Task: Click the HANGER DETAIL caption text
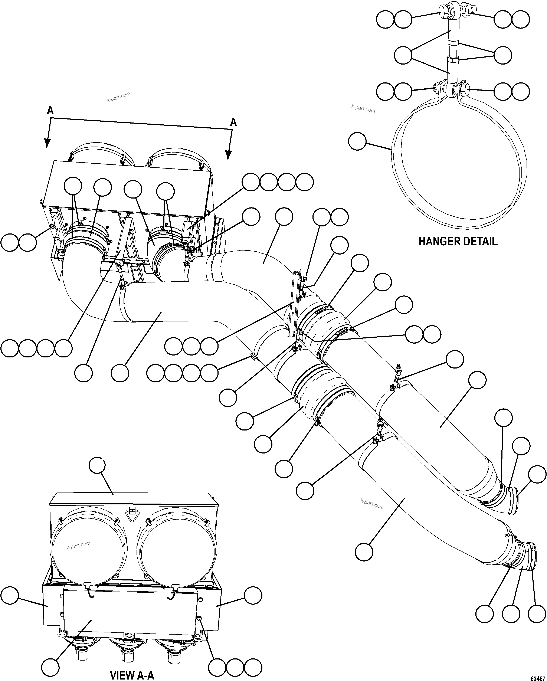pos(458,241)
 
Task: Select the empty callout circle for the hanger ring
pos(357,141)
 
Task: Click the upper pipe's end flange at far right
pos(514,501)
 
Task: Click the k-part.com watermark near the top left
pos(118,97)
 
